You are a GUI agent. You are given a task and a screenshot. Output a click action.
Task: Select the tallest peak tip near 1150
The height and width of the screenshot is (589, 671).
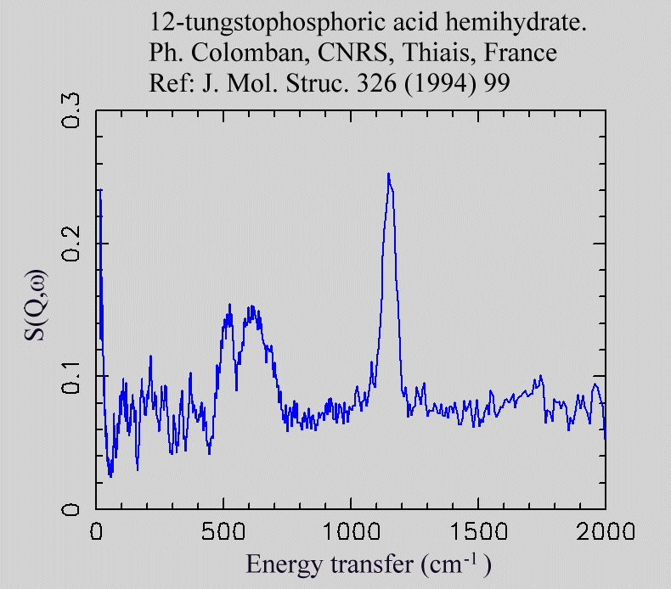[x=388, y=174]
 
